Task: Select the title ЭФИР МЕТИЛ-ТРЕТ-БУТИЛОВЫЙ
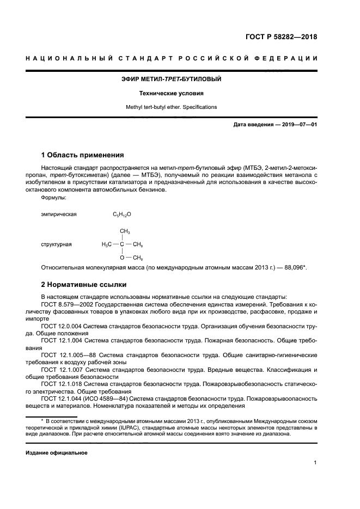click(x=171, y=79)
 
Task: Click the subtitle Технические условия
click(x=171, y=93)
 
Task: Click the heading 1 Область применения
click(x=83, y=155)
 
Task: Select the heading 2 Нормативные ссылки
click(x=84, y=284)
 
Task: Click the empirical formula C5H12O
click(x=122, y=214)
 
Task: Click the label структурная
click(x=57, y=244)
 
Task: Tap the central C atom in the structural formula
click(x=122, y=244)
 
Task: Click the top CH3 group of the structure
click(x=125, y=231)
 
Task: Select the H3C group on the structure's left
click(x=107, y=244)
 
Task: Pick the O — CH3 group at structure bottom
click(x=131, y=257)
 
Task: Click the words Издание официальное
click(x=57, y=452)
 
